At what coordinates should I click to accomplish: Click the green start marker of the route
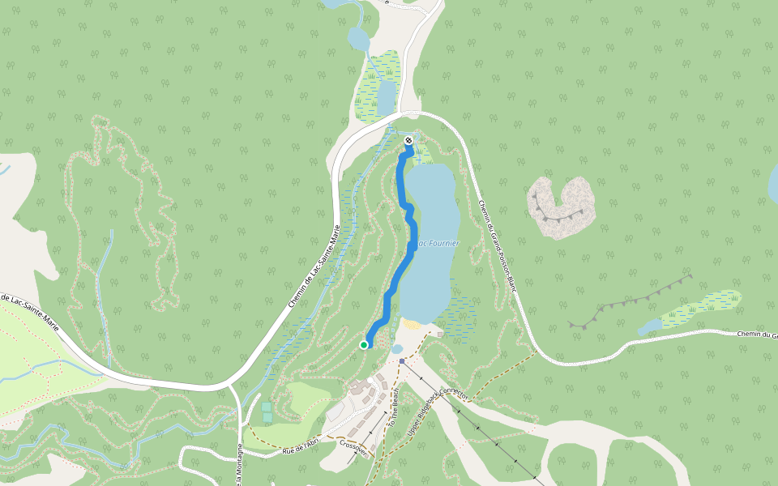point(364,345)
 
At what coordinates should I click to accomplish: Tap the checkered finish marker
point(408,140)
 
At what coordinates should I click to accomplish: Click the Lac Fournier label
point(438,243)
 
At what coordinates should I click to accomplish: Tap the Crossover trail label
point(354,447)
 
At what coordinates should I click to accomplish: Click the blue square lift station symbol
point(402,361)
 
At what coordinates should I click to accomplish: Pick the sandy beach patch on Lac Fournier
point(412,324)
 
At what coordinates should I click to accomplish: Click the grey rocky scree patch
point(561,207)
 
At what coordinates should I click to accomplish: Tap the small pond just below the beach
point(397,349)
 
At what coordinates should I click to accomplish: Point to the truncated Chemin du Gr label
point(757,335)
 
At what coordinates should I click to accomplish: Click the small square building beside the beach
point(440,334)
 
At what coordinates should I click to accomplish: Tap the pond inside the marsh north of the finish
point(387,96)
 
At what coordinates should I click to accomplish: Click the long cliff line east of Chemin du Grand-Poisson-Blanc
point(632,300)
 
